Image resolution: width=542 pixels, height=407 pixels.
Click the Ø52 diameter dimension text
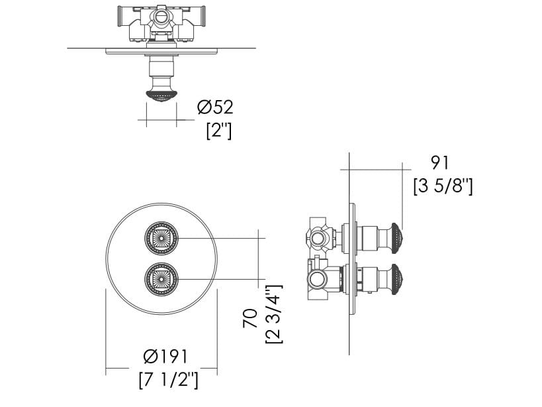(215, 106)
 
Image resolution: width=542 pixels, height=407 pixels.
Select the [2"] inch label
(218, 130)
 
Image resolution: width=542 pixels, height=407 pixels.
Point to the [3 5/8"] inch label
(443, 186)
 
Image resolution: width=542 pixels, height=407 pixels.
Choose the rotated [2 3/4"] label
(273, 314)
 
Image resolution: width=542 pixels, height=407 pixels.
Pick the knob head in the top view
(161, 97)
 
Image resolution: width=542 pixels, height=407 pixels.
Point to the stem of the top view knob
(161, 73)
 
